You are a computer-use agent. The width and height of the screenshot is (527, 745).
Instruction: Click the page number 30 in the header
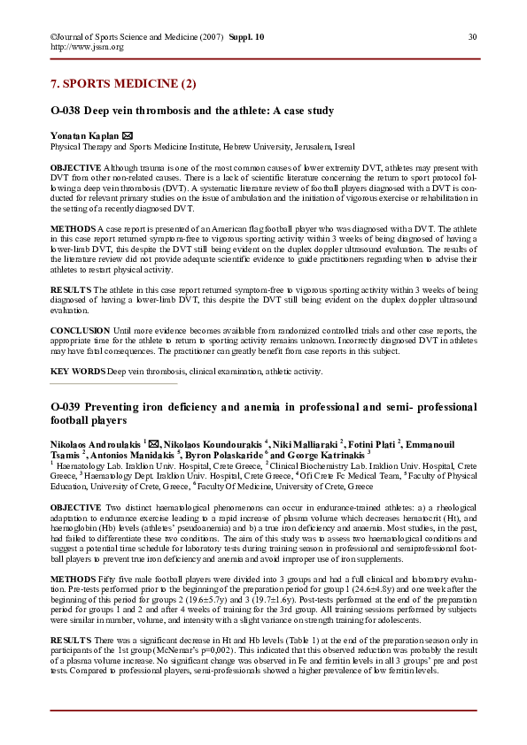[472, 36]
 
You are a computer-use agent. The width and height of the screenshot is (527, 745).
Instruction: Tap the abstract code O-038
[66, 111]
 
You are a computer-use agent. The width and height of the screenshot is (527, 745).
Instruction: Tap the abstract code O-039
[66, 407]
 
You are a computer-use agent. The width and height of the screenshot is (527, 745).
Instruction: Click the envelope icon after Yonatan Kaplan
[127, 136]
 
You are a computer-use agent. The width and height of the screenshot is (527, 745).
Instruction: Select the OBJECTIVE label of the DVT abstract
[75, 167]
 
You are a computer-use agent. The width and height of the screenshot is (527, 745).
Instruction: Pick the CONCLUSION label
[79, 330]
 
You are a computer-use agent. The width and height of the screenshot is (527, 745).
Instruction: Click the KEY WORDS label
[77, 372]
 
